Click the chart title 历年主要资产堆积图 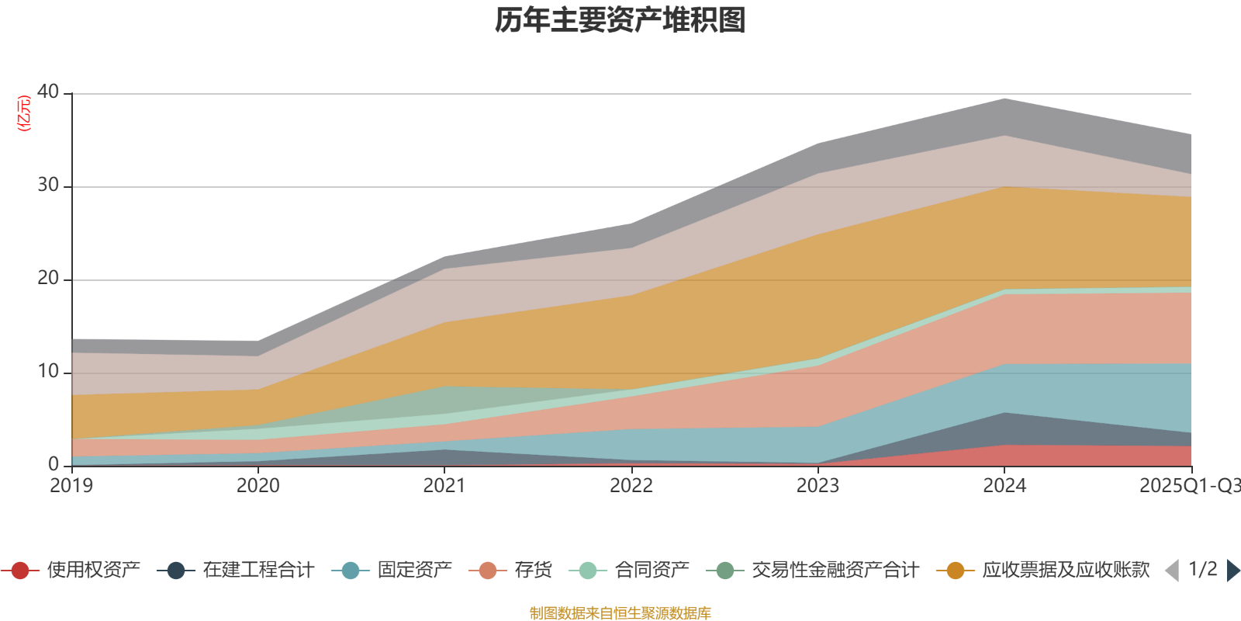point(620,21)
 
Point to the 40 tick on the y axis point(48,92)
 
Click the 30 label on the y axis point(48,185)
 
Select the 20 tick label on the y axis point(48,278)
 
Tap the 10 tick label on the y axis point(48,371)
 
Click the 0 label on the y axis point(54,464)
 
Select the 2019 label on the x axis point(71,486)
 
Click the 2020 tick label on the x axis point(258,486)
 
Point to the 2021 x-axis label point(444,486)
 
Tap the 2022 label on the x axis point(631,486)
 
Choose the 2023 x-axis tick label point(818,486)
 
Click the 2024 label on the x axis point(1004,486)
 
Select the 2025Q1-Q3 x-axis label point(1189,486)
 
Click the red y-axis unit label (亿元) point(24,113)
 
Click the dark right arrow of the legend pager point(1232,571)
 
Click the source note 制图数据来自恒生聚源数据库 point(620,613)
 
